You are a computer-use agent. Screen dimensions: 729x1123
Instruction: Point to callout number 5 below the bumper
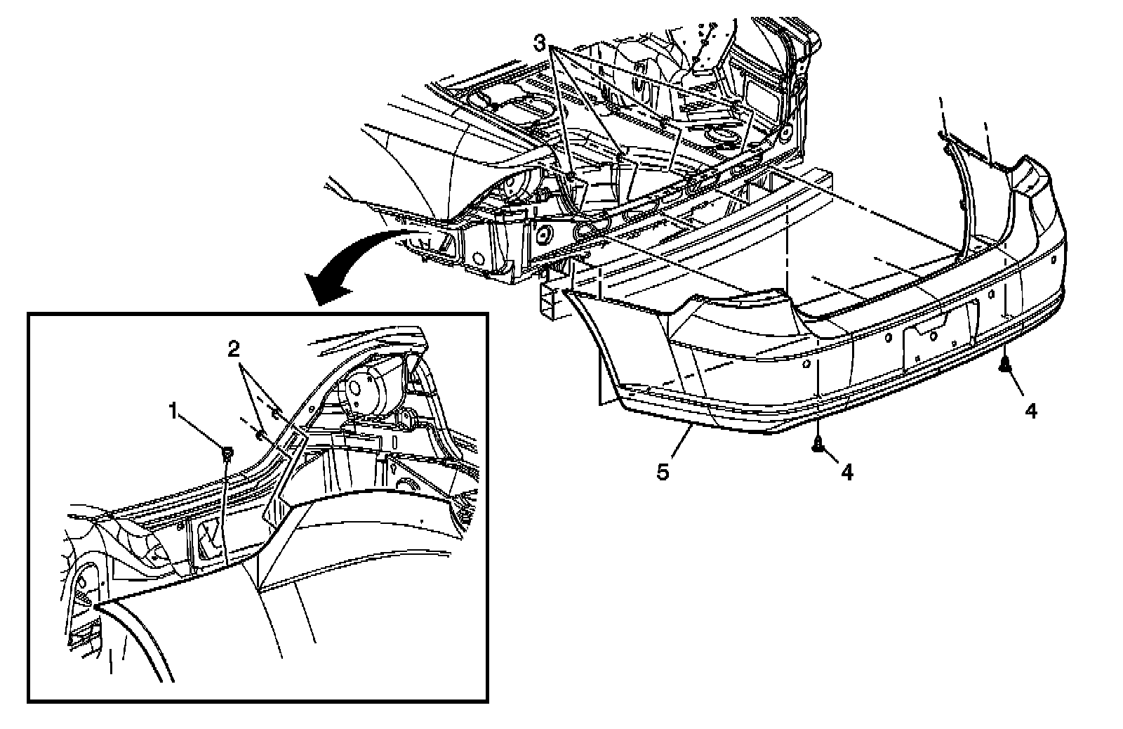pyautogui.click(x=663, y=472)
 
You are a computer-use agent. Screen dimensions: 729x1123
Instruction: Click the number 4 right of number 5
pyautogui.click(x=847, y=473)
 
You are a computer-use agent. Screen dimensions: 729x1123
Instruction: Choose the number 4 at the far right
pyautogui.click(x=1030, y=410)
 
